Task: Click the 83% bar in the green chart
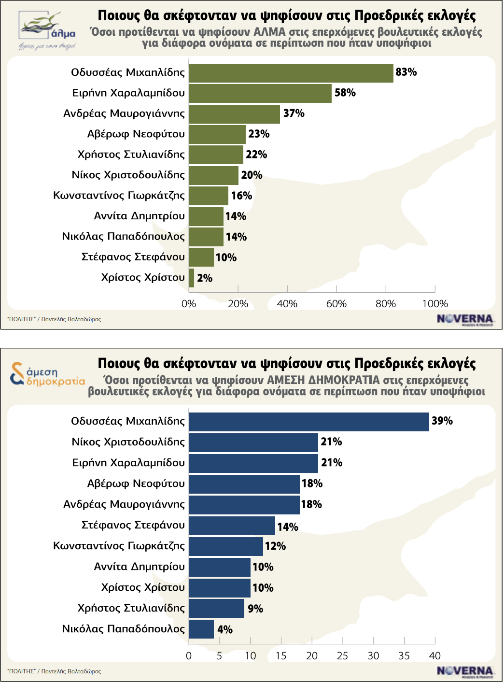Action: [291, 73]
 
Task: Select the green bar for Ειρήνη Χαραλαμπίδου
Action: [260, 93]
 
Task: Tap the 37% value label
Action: [294, 114]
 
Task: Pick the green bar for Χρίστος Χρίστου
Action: [191, 278]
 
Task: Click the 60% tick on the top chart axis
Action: [336, 304]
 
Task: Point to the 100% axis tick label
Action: [435, 304]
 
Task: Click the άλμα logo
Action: [47, 30]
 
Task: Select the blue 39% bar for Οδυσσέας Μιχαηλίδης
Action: [308, 422]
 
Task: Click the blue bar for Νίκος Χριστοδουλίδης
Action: [253, 442]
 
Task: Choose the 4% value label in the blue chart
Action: [225, 629]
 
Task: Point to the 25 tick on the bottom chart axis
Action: [342, 655]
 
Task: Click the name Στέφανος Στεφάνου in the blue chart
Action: [133, 525]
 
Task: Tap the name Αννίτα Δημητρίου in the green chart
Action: [140, 216]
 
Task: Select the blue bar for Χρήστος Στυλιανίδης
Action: [216, 609]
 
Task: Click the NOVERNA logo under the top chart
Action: [464, 319]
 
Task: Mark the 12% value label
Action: [276, 546]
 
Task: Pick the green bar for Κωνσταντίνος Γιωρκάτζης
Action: [208, 196]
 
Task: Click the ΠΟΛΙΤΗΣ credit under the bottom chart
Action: [54, 671]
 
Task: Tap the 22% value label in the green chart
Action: [256, 155]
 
